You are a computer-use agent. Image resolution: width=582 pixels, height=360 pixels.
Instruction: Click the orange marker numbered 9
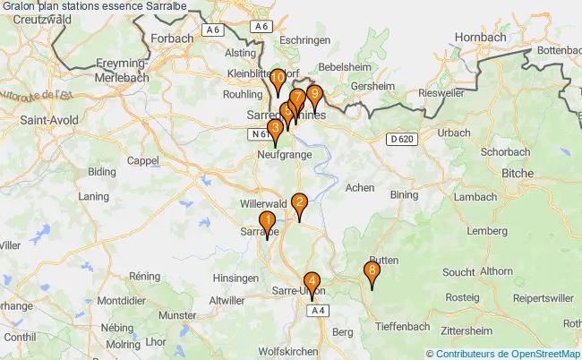click(313, 94)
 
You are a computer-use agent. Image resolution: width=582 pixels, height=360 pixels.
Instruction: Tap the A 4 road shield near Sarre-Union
click(316, 310)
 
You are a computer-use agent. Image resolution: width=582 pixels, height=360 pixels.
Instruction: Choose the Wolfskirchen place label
click(288, 352)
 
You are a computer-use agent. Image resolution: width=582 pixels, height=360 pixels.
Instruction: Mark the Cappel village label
click(142, 161)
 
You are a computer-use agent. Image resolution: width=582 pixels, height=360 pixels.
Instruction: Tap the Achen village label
click(360, 188)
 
